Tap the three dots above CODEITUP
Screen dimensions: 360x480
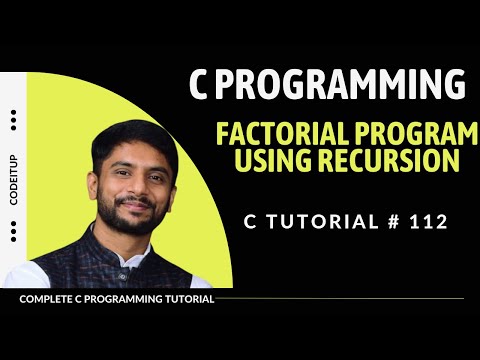click(13, 120)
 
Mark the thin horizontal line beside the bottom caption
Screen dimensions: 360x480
click(340, 298)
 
